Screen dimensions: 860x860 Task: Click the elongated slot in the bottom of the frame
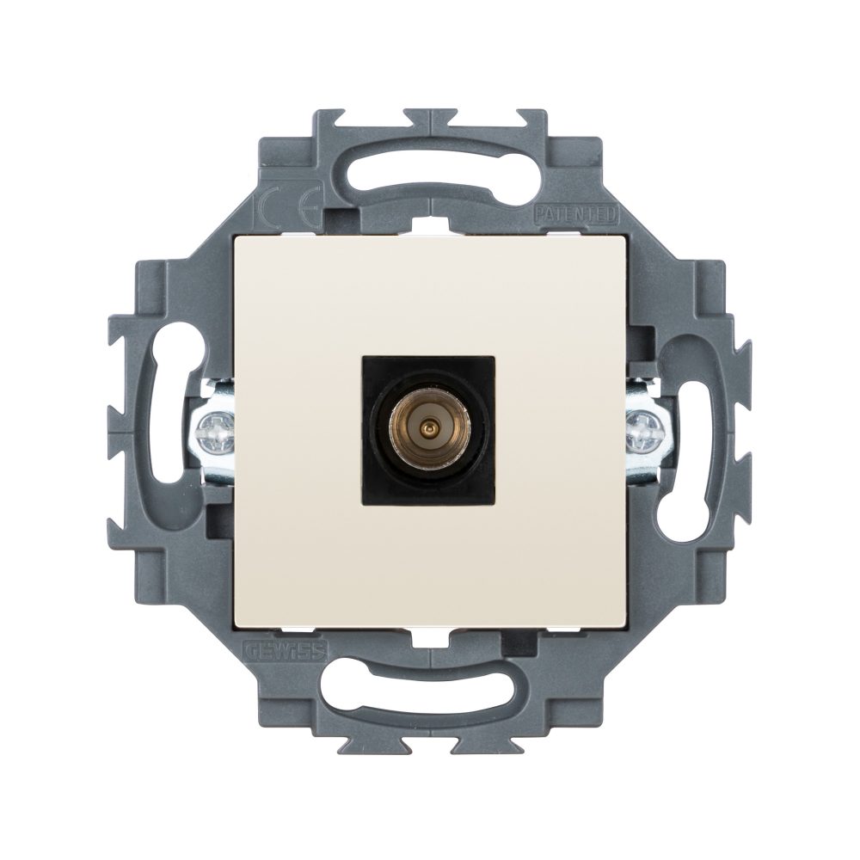tap(429, 689)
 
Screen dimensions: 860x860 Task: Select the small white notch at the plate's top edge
tap(429, 226)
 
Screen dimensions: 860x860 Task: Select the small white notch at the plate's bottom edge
tap(429, 636)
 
